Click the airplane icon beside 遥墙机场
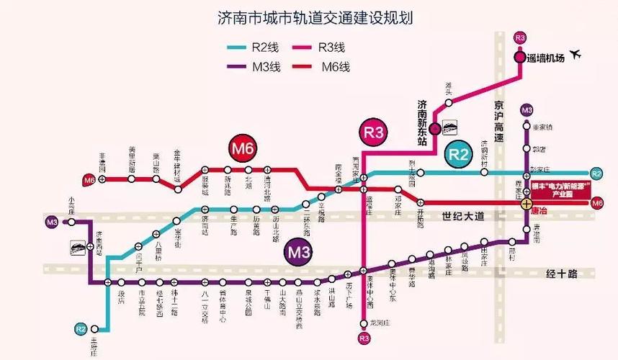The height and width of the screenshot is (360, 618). tap(576, 55)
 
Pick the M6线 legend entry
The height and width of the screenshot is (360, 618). tap(326, 67)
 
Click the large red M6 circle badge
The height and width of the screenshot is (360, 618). tap(243, 149)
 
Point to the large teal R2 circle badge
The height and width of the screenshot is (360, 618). tap(459, 154)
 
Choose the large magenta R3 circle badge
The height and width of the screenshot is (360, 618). tap(374, 132)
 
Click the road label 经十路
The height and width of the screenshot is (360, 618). tap(563, 273)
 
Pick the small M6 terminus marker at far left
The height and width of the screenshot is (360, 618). tap(89, 179)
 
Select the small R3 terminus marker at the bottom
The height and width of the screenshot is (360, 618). tap(363, 337)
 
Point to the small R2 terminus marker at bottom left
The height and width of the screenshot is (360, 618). tap(81, 328)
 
